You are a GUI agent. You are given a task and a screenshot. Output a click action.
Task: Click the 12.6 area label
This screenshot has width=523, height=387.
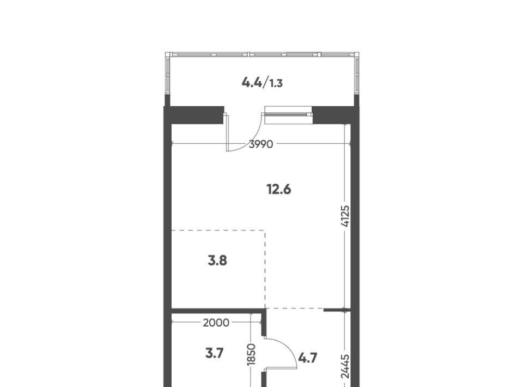point(279,190)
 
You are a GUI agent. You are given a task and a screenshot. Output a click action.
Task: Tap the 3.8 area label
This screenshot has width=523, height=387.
point(217,261)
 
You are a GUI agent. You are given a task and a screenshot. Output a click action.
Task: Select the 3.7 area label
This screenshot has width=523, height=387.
point(214,353)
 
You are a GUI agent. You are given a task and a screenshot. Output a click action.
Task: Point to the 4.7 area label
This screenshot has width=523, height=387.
point(307,358)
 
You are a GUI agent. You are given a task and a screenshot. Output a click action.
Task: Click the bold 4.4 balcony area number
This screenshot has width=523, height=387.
point(252,82)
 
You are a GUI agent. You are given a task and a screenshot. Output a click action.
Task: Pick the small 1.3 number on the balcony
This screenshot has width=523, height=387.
point(276,83)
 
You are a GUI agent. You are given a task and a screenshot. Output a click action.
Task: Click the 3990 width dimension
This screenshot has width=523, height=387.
point(261,144)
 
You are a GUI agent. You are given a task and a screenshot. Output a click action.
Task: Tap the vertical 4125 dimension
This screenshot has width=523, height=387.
point(345,216)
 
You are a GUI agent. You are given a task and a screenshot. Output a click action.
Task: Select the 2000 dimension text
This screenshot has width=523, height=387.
point(216,323)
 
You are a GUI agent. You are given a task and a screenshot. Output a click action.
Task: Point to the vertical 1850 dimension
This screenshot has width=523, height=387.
point(251,354)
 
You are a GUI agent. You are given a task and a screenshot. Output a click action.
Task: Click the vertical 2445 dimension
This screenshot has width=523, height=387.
point(345,366)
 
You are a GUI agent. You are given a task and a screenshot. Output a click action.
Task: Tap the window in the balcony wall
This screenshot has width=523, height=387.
point(289,115)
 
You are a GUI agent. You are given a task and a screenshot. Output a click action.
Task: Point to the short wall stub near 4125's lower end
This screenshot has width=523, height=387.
point(337,310)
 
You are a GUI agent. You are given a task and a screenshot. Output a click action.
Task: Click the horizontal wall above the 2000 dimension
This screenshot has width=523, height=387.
point(216,311)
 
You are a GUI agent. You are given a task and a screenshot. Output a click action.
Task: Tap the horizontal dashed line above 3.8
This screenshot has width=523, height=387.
point(218,230)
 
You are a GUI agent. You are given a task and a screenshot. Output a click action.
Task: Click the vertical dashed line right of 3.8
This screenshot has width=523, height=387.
point(265,269)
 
